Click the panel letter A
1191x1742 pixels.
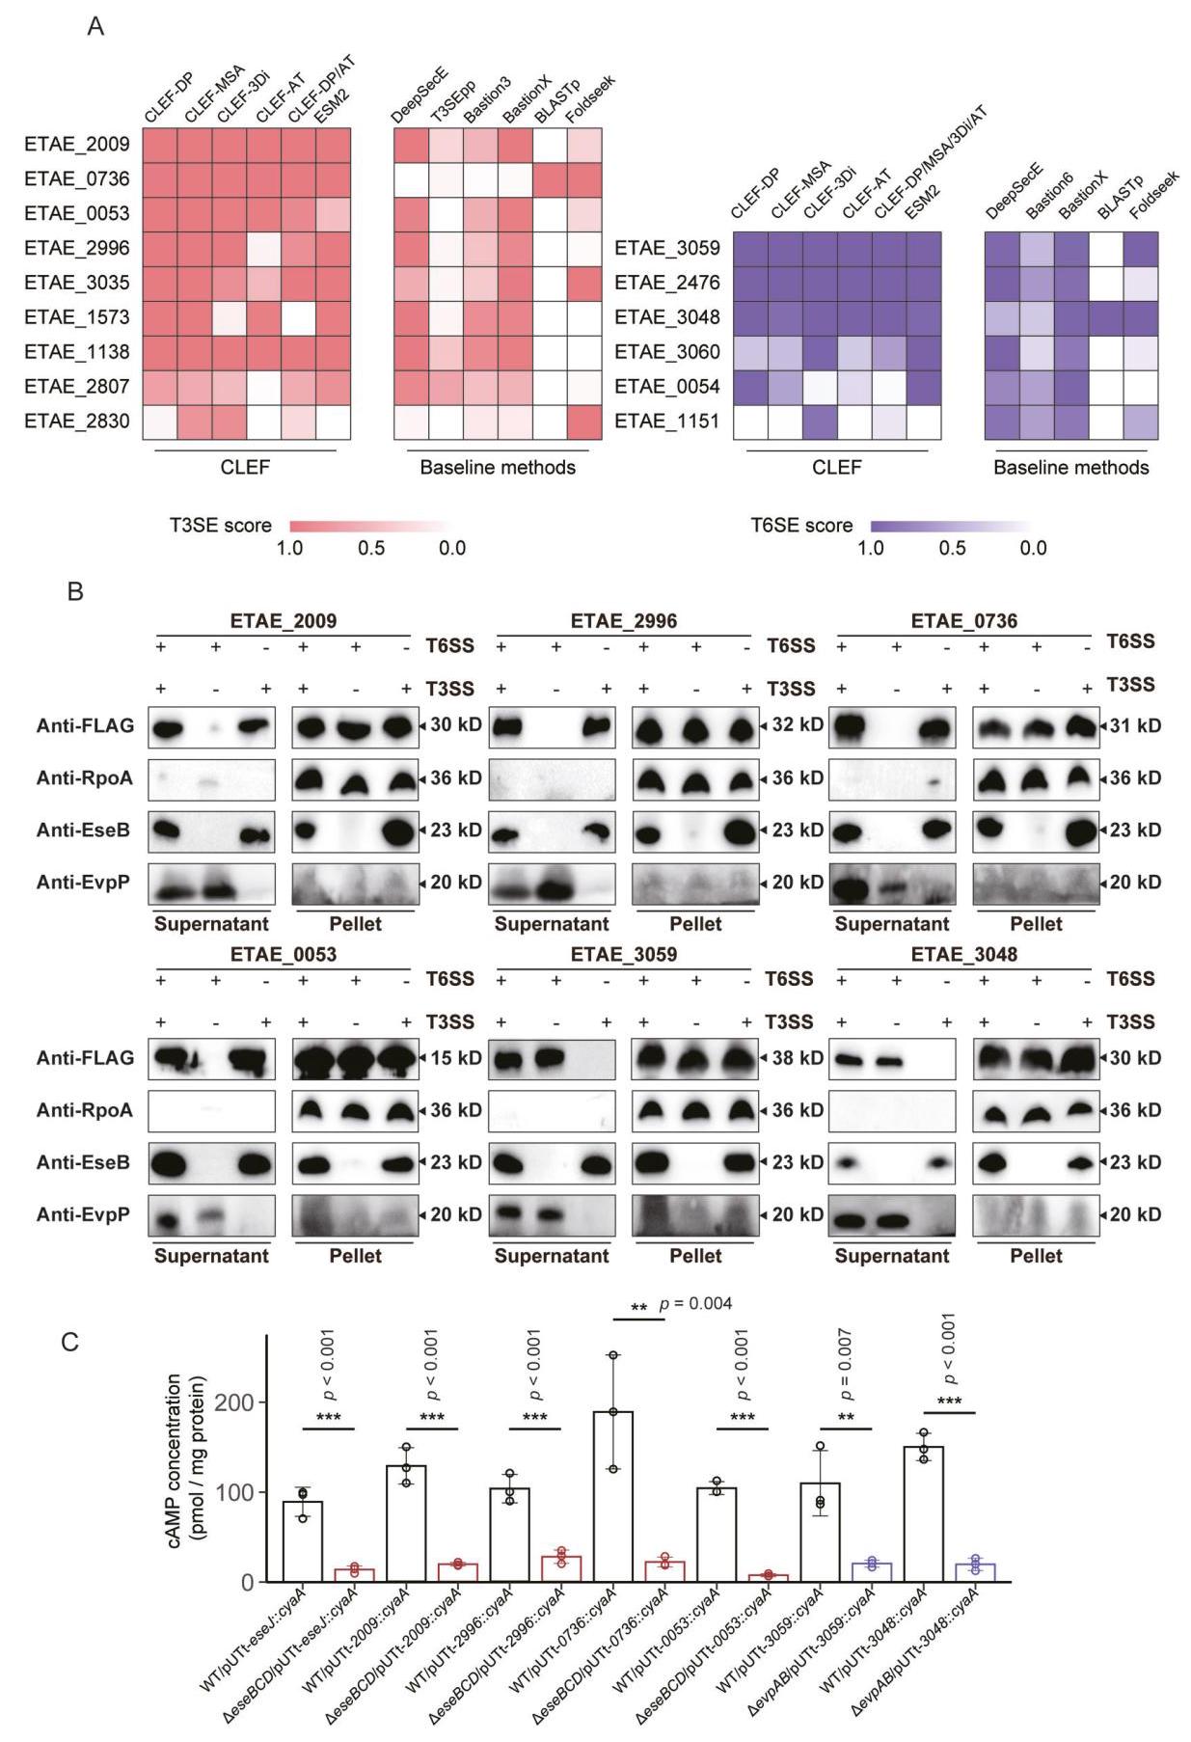[95, 27]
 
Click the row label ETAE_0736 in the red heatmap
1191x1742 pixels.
[77, 178]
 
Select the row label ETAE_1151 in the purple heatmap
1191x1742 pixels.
[667, 422]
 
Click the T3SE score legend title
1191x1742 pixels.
[221, 526]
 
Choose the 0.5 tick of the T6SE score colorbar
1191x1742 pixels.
[952, 548]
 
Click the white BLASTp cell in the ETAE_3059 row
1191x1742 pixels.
[1106, 249]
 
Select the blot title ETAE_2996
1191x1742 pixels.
[624, 620]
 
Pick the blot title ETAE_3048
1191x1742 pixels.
[964, 954]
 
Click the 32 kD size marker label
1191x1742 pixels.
[798, 725]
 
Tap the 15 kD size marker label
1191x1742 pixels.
[455, 1058]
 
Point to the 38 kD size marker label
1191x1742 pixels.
[798, 1058]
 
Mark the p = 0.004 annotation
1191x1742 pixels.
[695, 1304]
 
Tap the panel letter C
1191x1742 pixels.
[70, 1342]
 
